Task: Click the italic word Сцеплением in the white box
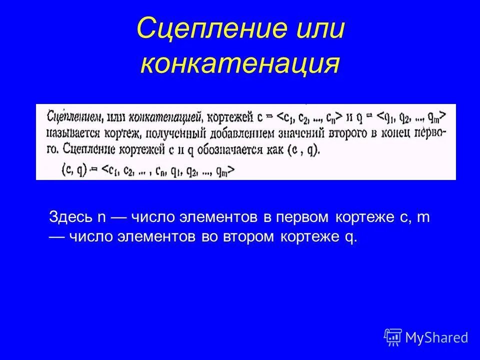[x=75, y=117]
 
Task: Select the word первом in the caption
[x=304, y=217]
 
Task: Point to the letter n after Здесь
[x=100, y=218]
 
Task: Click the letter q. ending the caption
[x=352, y=237]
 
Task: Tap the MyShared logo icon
[x=393, y=337]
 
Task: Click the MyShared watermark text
[x=436, y=337]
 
